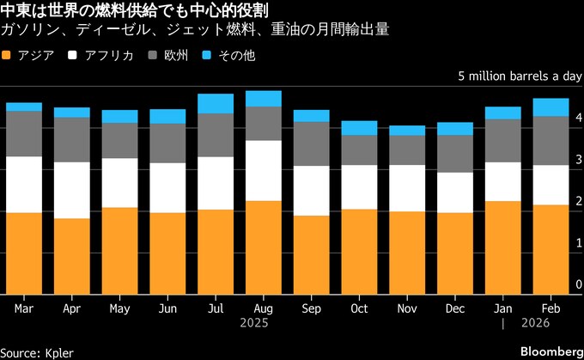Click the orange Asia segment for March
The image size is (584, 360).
point(24,253)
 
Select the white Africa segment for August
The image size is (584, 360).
point(263,171)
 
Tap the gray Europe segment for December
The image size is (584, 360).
point(454,154)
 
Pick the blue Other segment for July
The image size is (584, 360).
point(216,104)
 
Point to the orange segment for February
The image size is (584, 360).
point(551,249)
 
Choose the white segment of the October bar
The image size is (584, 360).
point(359,187)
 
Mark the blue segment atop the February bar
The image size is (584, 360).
point(551,107)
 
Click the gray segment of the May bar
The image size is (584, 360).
point(119,141)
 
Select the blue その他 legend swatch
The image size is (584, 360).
point(210,56)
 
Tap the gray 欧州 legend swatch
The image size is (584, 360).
point(155,56)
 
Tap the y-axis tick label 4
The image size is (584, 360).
point(579,118)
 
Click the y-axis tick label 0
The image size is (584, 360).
point(579,285)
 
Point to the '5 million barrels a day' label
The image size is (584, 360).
point(520,76)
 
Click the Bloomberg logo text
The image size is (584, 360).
point(542,351)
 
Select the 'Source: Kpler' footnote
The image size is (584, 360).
point(37,351)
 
